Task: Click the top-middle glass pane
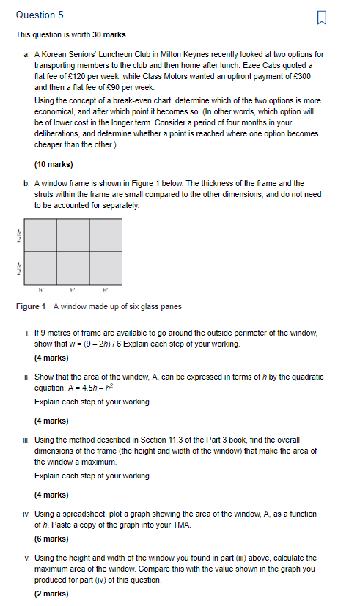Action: (x=73, y=235)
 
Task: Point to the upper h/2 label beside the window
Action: (x=20, y=235)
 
